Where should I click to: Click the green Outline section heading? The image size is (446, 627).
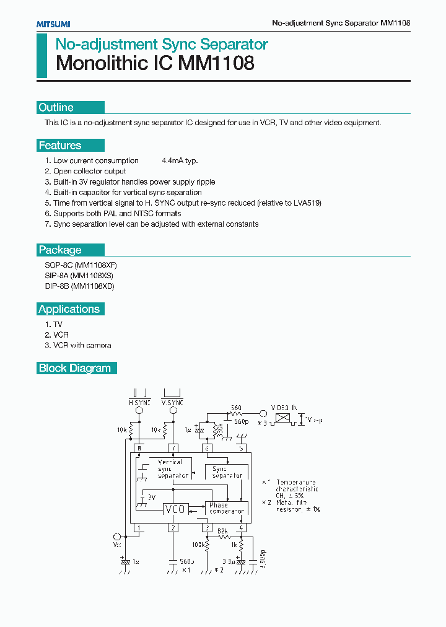pos(56,107)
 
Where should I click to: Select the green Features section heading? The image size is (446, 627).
pos(60,146)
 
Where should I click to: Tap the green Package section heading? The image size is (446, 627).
pos(60,250)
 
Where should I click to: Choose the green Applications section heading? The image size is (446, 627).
pos(69,309)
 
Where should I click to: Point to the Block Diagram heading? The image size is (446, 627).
pos(75,368)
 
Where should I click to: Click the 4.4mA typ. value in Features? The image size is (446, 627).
pos(180,160)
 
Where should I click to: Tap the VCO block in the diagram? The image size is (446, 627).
pos(174,509)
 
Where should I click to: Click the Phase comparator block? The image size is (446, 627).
pos(227,509)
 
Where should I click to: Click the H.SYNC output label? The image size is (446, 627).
pos(139,403)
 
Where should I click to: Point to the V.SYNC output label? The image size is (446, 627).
pos(172,403)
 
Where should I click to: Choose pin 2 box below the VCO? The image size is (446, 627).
pos(174,528)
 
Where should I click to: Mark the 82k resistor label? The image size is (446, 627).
pos(223,530)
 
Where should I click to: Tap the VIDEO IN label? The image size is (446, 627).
pos(286,407)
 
